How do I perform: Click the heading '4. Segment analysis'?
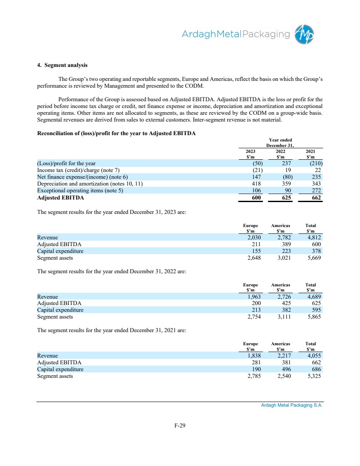point(62,66)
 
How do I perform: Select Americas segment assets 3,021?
point(281,258)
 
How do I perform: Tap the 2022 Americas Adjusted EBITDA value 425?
point(285,303)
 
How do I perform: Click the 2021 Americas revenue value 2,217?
point(281,355)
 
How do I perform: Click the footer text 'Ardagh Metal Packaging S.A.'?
point(292,405)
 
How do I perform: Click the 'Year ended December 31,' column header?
point(280,143)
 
